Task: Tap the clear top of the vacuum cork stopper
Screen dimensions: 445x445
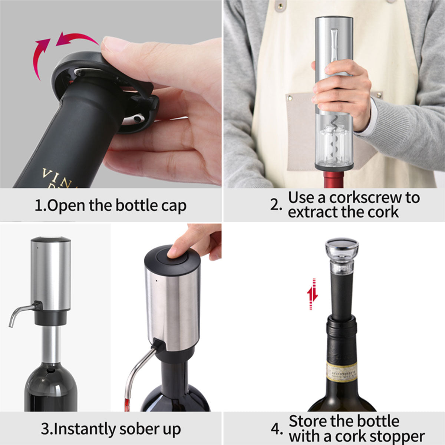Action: click(342, 247)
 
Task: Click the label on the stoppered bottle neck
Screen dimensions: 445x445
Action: click(342, 371)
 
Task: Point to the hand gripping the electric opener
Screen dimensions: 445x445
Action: click(341, 93)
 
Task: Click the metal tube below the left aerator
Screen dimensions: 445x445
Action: click(51, 345)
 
